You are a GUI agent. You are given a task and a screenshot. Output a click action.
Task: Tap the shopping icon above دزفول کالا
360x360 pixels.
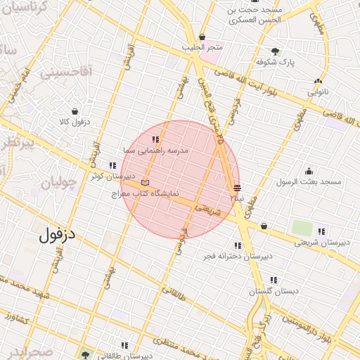75,111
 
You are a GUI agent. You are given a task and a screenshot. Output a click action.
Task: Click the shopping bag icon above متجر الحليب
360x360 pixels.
202,37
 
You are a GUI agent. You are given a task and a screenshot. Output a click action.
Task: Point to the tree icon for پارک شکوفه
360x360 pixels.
275,51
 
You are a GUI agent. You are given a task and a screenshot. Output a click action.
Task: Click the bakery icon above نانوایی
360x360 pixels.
319,82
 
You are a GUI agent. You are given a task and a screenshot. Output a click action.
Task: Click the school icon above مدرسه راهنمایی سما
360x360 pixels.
155,139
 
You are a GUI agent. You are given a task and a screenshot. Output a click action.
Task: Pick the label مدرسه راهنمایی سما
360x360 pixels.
155,150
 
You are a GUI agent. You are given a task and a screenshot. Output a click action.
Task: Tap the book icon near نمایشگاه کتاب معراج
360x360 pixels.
146,183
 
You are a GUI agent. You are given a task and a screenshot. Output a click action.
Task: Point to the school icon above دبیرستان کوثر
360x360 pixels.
112,166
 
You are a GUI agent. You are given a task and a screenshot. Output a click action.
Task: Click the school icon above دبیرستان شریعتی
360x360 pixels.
321,231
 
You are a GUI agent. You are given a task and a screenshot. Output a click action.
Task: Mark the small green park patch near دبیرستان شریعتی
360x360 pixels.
302,228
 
